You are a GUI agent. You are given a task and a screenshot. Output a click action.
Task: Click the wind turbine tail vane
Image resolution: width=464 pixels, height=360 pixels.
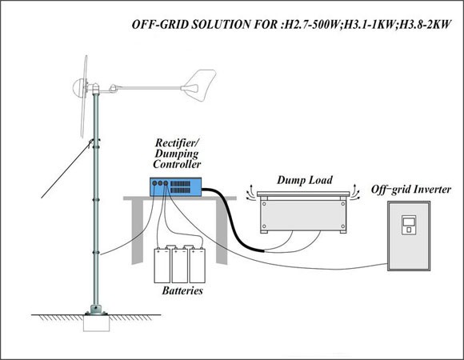[199, 86]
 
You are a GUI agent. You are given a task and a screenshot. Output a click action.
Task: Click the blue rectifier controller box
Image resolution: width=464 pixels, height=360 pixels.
[175, 186]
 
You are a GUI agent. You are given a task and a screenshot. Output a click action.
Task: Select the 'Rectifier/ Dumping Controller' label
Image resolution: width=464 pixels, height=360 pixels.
[177, 154]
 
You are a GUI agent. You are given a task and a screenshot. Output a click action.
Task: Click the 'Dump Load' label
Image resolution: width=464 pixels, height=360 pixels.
[305, 180]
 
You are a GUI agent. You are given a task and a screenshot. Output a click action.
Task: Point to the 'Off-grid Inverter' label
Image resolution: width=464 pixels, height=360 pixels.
[411, 190]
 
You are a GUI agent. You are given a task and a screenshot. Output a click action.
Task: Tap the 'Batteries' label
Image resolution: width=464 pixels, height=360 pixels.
[182, 290]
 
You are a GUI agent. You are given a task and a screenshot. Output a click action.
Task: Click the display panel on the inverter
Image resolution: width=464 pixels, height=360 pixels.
[408, 222]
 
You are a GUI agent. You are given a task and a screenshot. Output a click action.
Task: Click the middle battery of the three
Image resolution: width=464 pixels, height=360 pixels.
[180, 265]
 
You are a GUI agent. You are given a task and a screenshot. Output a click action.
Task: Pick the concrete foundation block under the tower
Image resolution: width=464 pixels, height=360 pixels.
[97, 323]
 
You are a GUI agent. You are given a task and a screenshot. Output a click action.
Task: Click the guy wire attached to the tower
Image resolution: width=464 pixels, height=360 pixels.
[66, 170]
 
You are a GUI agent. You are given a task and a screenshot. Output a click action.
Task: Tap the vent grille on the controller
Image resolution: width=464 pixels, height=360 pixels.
[180, 187]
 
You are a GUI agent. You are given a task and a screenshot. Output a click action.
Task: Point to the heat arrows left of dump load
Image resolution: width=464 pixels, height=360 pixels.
[250, 193]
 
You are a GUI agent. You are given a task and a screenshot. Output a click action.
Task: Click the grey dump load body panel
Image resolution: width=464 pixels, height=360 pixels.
[303, 215]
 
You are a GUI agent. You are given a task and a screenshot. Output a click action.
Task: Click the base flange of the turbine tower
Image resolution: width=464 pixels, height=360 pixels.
[96, 310]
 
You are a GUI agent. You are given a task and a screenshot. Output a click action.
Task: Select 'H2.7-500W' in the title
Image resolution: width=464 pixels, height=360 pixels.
[312, 24]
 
